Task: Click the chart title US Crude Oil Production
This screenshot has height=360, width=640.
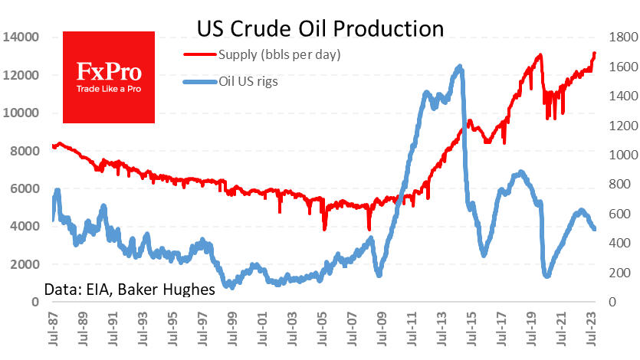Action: [x=320, y=28]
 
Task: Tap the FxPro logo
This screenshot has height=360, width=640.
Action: [x=109, y=77]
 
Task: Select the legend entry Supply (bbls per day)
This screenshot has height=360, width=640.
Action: [x=279, y=54]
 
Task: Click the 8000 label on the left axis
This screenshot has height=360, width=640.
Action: [x=24, y=151]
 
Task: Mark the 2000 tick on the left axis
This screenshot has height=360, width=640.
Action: [x=24, y=264]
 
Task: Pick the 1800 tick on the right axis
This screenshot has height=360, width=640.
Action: [x=619, y=37]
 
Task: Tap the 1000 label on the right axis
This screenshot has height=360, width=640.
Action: [x=619, y=155]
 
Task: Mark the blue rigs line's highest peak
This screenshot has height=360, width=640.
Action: [x=459, y=67]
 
